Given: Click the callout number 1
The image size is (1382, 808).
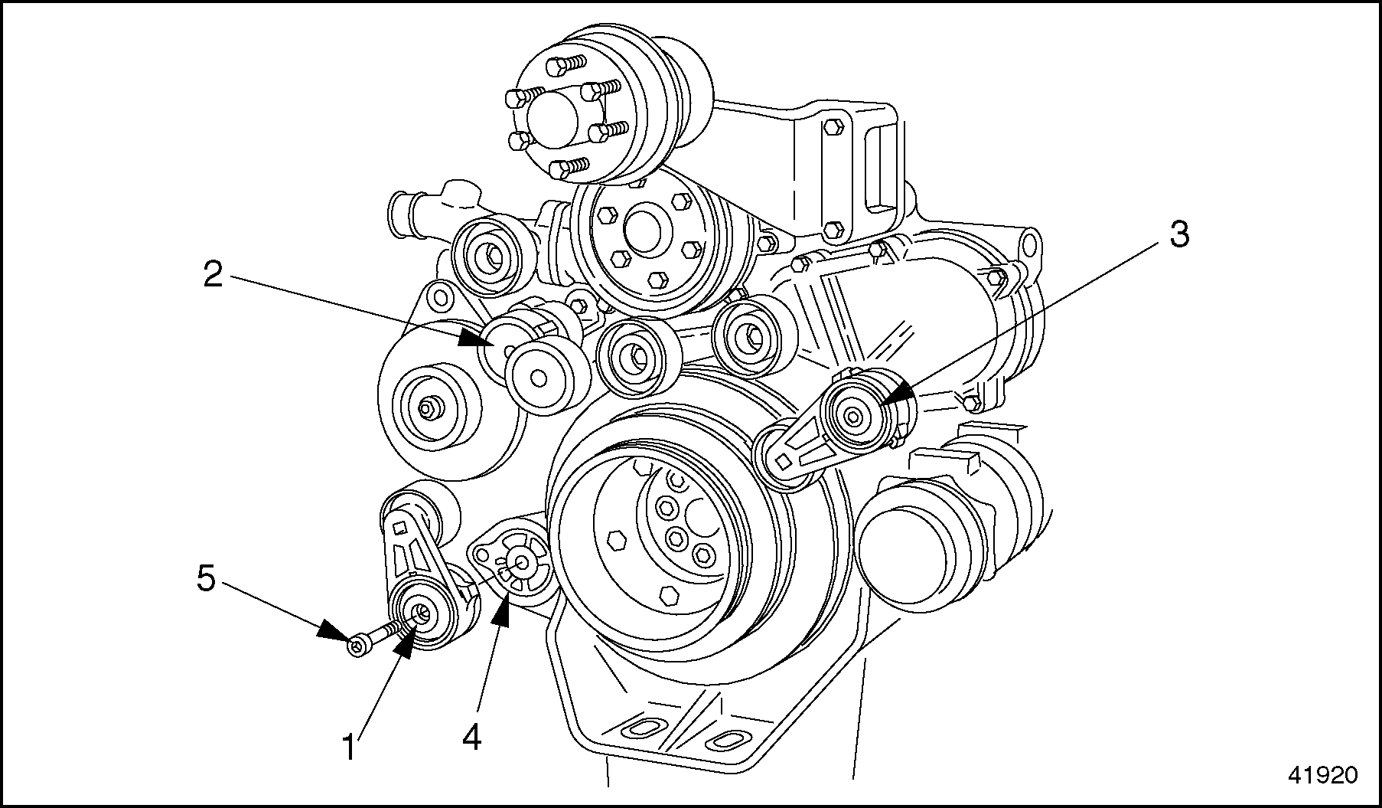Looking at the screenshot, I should [349, 747].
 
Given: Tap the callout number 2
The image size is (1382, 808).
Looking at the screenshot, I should [213, 275].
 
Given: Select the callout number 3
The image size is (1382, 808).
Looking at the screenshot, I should [1179, 234].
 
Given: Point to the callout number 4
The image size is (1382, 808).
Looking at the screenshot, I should [472, 737].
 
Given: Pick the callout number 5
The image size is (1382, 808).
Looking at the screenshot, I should [206, 578].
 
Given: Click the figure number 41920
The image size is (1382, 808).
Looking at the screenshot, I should [1322, 775].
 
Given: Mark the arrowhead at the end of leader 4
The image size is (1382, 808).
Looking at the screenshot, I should [502, 613].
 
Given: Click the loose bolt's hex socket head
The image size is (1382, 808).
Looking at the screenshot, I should [356, 647].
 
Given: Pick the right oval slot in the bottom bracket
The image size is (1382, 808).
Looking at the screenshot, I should [723, 740].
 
